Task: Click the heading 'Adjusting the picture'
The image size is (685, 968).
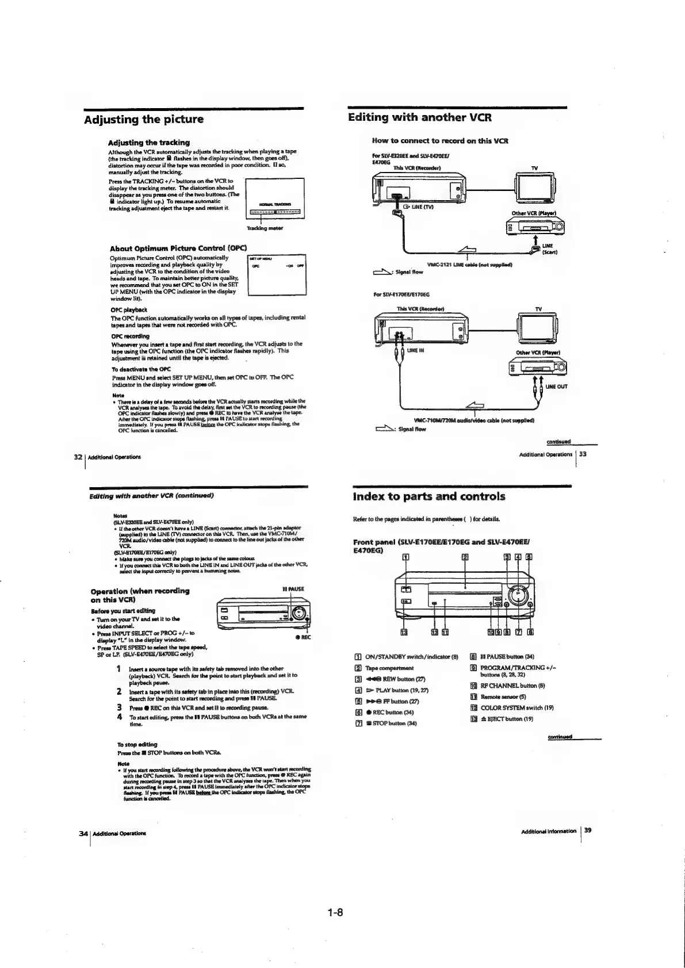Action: click(144, 120)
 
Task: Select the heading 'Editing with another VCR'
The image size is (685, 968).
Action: click(420, 117)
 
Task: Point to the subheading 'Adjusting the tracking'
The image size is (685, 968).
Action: click(149, 142)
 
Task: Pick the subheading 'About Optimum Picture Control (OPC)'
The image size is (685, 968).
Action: click(178, 248)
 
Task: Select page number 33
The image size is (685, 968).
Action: click(582, 454)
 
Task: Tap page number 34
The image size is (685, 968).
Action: click(83, 832)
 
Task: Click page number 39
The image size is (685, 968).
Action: click(588, 830)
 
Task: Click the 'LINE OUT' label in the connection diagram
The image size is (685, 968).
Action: click(557, 387)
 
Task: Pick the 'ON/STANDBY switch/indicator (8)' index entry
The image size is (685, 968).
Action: click(411, 655)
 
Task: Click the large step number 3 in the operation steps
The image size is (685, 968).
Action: click(118, 707)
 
